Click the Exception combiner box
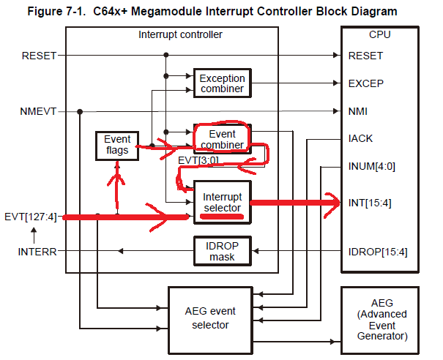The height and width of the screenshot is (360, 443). pos(221,83)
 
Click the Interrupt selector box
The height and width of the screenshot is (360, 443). pos(221,200)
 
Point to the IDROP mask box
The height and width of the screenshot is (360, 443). pos(221,251)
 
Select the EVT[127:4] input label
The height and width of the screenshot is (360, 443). pos(31,217)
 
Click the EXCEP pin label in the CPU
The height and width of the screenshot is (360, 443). pos(365,84)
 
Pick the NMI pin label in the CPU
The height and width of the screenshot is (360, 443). pos(359,112)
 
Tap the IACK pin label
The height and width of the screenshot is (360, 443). pos(361,138)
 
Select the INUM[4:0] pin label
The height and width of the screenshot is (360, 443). pos(373,166)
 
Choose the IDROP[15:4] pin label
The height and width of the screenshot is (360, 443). pos(377,252)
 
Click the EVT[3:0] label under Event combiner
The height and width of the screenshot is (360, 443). pos(199,160)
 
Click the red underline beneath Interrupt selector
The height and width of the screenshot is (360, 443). pos(222,217)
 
